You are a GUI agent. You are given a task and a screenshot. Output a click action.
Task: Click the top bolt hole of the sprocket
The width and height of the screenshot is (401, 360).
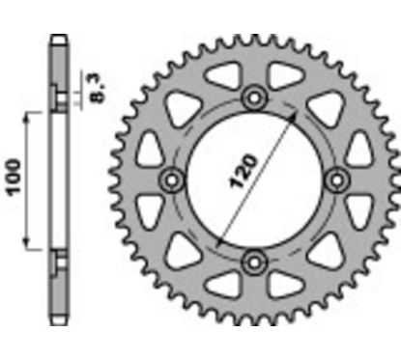[x=255, y=97]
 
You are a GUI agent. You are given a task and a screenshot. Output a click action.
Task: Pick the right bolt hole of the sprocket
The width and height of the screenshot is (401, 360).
[x=337, y=179]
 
